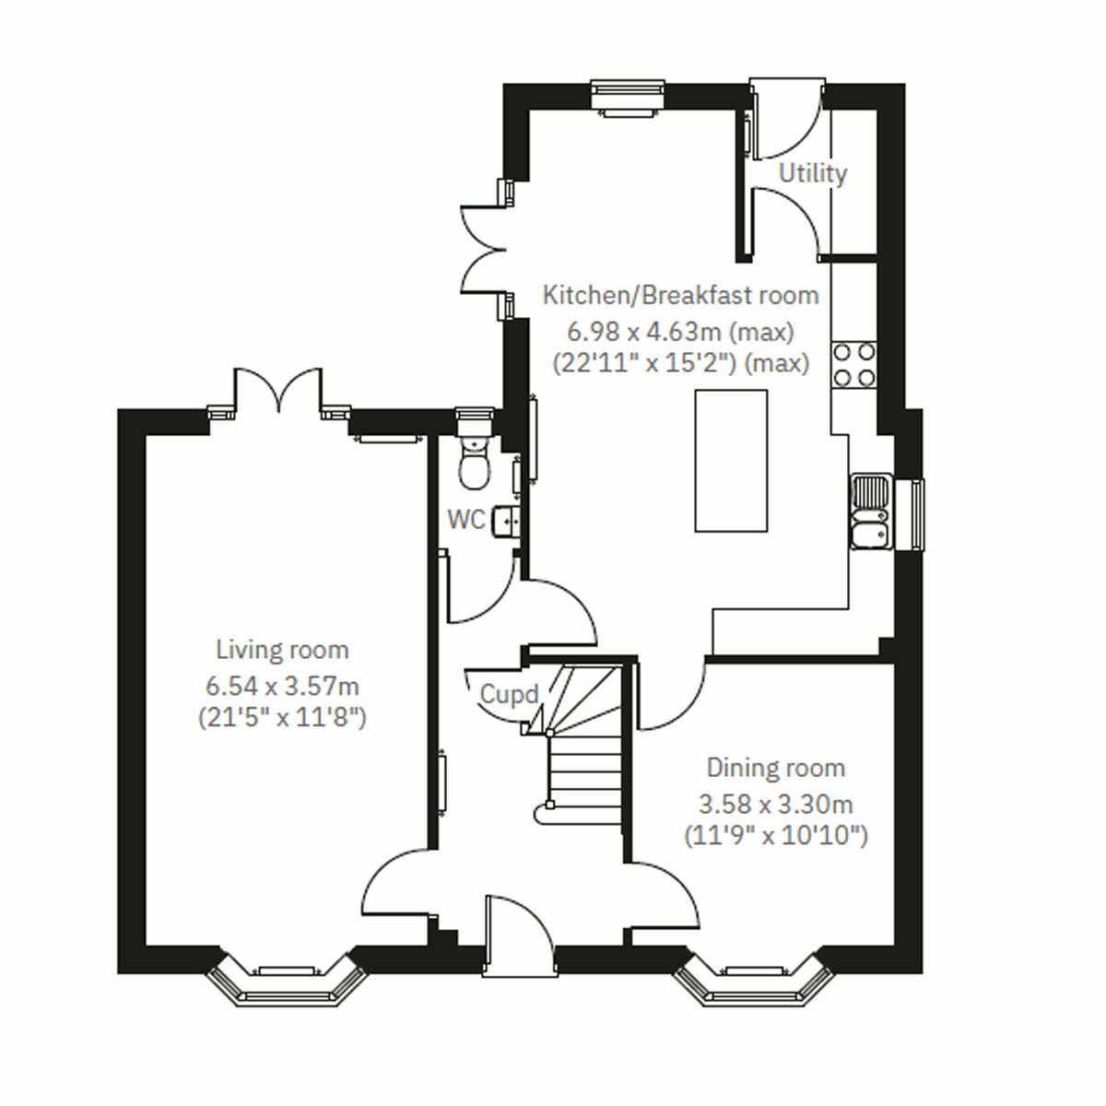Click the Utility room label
pos(812,173)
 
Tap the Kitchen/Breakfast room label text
pos(680,296)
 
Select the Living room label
pos(282,650)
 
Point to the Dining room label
pos(775,768)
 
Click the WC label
pos(465,520)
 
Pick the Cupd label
pos(508,695)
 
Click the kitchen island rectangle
pos(731,461)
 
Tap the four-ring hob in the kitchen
pos(853,364)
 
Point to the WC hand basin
pos(506,522)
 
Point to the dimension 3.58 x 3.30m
pos(775,804)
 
